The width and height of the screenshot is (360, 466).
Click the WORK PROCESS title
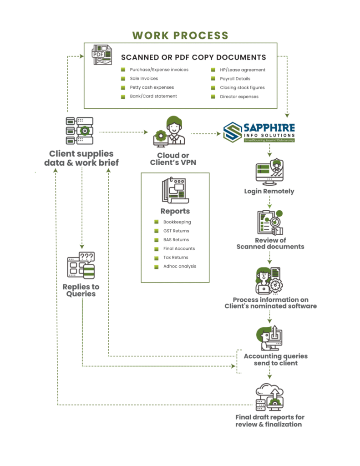[x=180, y=35]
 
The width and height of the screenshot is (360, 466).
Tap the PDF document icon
[x=102, y=55]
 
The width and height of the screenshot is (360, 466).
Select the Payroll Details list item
[x=235, y=78]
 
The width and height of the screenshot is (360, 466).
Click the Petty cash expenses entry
[x=152, y=87]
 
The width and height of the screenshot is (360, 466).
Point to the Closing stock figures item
[x=242, y=87]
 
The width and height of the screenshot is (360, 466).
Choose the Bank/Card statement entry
[x=153, y=96]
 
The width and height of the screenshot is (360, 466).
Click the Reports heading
[x=175, y=211]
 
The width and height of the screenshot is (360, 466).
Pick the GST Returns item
[x=176, y=231]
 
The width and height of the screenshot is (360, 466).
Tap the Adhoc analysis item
[x=180, y=266]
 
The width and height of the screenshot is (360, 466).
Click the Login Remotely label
[x=269, y=191]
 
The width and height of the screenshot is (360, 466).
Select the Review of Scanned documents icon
[x=270, y=222]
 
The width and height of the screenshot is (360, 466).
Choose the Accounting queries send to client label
[x=276, y=360]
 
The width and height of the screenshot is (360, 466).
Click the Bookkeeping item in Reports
[x=177, y=222]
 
